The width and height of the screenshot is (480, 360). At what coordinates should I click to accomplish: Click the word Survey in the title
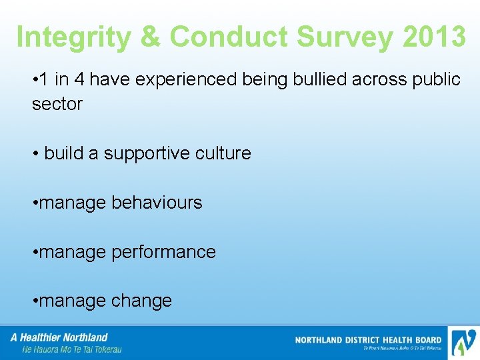pyautogui.click(x=349, y=37)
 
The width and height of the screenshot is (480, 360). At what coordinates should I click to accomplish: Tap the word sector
pyautogui.click(x=57, y=104)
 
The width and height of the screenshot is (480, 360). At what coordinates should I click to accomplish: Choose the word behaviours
pyautogui.click(x=157, y=203)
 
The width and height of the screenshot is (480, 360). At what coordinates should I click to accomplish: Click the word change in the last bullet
pyautogui.click(x=141, y=301)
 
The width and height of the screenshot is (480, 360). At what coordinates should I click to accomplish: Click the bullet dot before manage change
pyautogui.click(x=35, y=301)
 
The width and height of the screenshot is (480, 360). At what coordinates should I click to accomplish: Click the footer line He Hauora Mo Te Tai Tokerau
pyautogui.click(x=72, y=349)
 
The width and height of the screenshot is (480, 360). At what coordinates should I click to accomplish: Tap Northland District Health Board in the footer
pyautogui.click(x=368, y=340)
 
